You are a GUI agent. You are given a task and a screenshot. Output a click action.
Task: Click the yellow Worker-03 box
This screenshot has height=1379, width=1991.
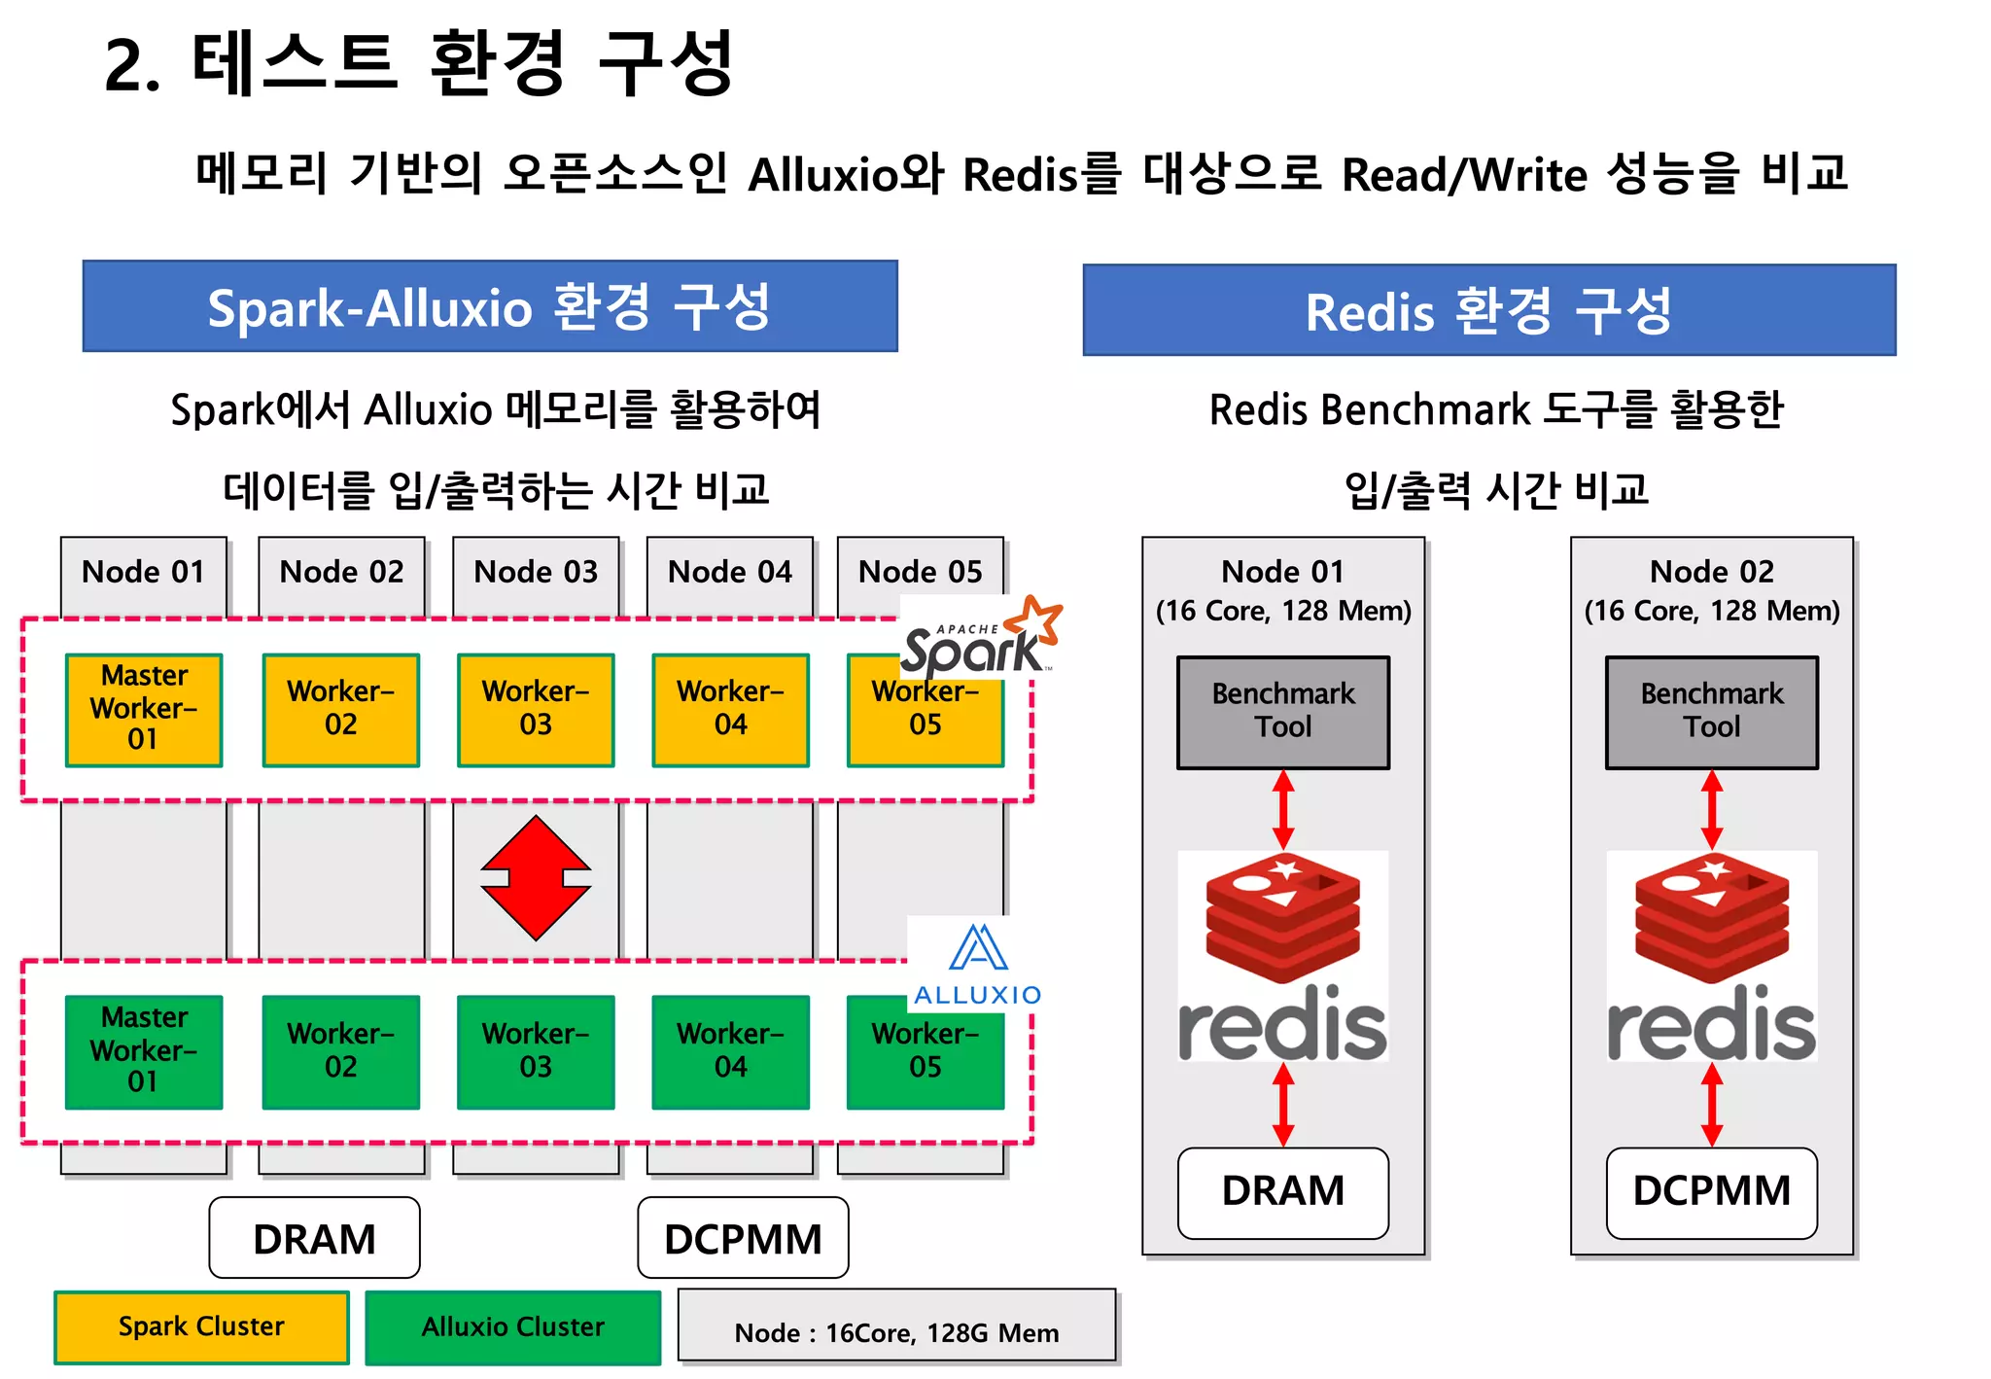pos(536,709)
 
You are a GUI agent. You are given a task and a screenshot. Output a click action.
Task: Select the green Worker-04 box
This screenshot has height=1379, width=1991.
pos(730,1051)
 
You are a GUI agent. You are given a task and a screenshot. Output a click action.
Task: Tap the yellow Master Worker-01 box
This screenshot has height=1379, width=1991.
pos(144,709)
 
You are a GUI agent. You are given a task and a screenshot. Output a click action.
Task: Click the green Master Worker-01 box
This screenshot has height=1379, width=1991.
pos(144,1051)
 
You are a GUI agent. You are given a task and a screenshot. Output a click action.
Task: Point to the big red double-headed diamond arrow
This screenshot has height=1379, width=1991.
pos(536,878)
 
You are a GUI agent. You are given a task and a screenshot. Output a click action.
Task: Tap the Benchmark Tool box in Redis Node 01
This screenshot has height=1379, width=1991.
pos(1282,712)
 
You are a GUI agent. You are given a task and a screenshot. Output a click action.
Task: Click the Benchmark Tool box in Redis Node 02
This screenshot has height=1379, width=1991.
pos(1711,712)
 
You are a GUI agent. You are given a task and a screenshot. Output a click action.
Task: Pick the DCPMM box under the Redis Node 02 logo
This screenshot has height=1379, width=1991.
pos(1711,1191)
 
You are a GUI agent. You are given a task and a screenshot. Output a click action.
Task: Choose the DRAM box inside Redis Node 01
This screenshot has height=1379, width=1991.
pos(1282,1191)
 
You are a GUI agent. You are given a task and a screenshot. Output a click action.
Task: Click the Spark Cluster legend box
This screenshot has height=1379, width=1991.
pos(201,1326)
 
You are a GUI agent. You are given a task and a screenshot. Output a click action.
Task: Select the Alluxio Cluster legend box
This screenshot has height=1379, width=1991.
pos(512,1326)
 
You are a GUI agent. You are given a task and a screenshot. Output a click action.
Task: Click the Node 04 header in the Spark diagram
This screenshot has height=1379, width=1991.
pos(729,572)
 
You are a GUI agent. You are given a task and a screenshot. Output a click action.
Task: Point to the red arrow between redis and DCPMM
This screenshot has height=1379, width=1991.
pos(1712,1104)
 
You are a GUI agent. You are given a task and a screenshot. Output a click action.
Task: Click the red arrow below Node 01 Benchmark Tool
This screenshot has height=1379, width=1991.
pos(1283,809)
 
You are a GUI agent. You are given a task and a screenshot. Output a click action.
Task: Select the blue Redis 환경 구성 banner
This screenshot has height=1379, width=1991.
pos(1488,310)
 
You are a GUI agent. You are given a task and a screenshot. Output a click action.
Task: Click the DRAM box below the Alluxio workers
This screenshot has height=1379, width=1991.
pos(314,1238)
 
